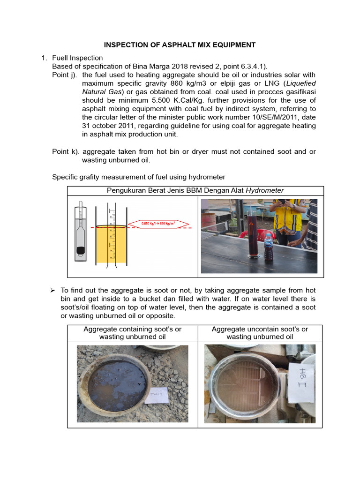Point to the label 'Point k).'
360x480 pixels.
click(65, 151)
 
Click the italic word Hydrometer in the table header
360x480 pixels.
click(265, 190)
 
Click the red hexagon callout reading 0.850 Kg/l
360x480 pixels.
click(158, 224)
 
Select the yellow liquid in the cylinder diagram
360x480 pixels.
click(111, 244)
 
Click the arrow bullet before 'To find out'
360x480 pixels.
click(53, 291)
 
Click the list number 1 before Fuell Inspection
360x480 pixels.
click(44, 58)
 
